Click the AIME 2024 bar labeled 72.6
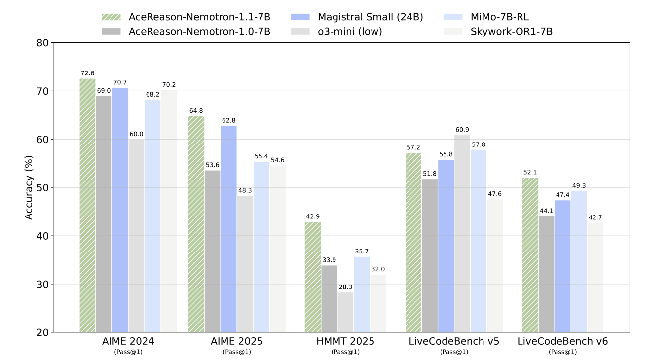pos(87,205)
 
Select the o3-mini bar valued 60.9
pos(462,234)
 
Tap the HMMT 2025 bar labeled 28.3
pos(345,312)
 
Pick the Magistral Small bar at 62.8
pos(228,229)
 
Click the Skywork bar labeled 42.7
pos(595,277)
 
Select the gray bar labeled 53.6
pos(212,251)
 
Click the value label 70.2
pos(169,85)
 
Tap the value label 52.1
pos(530,172)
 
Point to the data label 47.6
pos(494,194)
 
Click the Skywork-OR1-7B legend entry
pos(511,31)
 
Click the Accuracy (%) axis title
pos(29,187)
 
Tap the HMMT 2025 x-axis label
pos(345,341)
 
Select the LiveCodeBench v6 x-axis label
pos(562,341)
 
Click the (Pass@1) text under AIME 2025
pos(237,352)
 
